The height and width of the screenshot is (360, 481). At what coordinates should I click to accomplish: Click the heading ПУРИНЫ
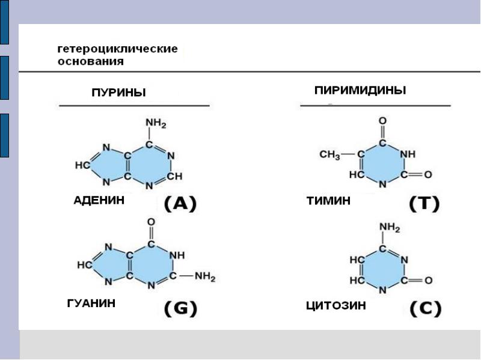(118, 93)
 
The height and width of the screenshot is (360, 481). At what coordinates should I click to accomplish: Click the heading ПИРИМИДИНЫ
(360, 90)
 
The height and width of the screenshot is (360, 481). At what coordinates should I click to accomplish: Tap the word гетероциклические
(117, 49)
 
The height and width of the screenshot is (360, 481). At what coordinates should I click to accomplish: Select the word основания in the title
(91, 61)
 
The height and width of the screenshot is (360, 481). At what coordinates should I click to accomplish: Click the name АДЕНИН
(99, 201)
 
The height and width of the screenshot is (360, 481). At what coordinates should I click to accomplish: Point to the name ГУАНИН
(91, 304)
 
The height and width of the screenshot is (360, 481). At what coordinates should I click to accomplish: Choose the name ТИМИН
(328, 201)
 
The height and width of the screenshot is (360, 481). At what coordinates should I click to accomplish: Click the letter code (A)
(180, 204)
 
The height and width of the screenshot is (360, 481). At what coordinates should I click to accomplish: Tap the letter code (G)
(180, 309)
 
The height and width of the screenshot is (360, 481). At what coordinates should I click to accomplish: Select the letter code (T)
(424, 204)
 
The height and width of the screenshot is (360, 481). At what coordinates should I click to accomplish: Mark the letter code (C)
(425, 309)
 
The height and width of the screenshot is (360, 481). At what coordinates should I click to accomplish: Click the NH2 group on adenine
(155, 124)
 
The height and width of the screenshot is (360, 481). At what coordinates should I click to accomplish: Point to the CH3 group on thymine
(329, 155)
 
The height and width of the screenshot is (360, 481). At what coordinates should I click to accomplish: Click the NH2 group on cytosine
(389, 228)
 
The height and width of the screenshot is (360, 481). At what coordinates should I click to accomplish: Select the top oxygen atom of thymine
(382, 121)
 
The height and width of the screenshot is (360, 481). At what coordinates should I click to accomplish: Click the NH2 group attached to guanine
(205, 277)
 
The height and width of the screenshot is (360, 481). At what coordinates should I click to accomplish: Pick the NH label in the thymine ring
(408, 154)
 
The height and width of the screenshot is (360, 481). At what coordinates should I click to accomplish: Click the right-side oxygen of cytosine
(428, 280)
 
